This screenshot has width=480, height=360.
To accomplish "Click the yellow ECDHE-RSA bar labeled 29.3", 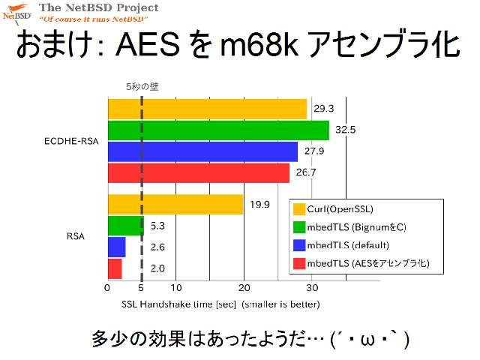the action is [207, 109].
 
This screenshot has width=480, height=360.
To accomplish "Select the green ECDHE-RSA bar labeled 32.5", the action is [218, 130].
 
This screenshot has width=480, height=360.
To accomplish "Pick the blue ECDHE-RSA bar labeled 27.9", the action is [202, 151].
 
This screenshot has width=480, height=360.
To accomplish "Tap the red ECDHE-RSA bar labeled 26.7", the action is [199, 173].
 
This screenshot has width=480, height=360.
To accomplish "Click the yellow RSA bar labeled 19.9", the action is [175, 205].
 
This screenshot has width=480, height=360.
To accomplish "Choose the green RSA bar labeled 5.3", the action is [126, 226].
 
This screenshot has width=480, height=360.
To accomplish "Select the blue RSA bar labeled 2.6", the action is [117, 247].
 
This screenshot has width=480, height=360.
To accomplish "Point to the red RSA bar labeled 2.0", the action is [115, 268].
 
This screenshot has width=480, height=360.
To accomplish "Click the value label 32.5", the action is [345, 130].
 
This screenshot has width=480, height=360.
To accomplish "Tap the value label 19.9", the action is [259, 205].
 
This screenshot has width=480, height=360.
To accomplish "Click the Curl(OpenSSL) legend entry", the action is [333, 209].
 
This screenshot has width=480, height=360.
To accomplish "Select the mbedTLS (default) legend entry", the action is [341, 245].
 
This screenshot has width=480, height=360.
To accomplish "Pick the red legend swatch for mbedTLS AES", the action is [299, 263].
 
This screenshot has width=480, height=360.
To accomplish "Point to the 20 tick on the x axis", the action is [244, 288].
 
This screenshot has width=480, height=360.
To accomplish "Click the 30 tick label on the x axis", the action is [312, 288].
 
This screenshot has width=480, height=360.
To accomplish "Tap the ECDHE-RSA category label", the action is [71, 141].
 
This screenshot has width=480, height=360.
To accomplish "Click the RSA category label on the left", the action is [76, 236].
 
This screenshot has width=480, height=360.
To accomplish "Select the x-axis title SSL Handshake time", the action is [220, 304].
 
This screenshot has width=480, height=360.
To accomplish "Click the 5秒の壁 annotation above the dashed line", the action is [142, 87].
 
